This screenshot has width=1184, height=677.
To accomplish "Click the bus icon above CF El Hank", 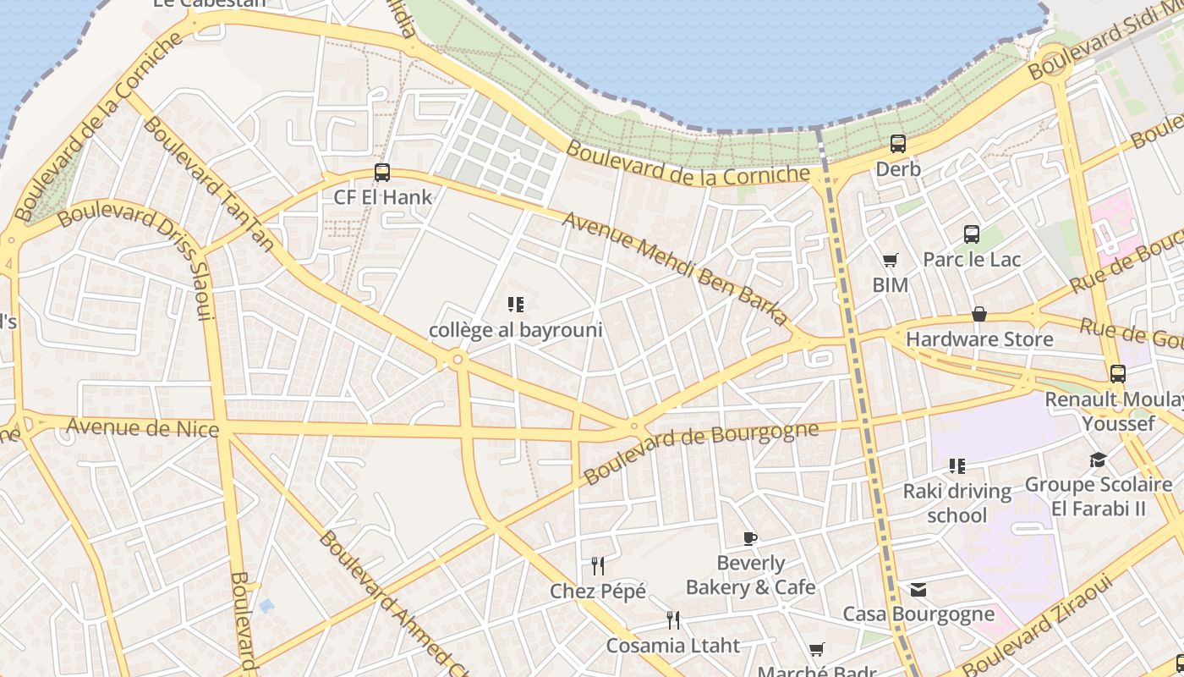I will [382, 173].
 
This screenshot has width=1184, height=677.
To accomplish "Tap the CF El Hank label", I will [383, 198].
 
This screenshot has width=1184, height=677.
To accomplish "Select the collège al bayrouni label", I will [515, 330].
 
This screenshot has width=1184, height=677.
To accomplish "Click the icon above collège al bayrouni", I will [515, 304].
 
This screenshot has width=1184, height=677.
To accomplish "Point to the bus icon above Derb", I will [898, 144].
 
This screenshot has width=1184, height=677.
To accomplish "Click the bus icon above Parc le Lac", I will [972, 234].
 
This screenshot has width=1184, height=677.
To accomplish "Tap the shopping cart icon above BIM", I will [890, 261].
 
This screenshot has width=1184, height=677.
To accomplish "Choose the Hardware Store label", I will [979, 339].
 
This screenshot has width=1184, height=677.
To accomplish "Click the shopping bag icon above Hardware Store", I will [979, 314].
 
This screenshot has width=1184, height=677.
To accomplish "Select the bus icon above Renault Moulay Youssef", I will [1118, 373].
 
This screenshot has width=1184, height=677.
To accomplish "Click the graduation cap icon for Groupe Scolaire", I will [1098, 460].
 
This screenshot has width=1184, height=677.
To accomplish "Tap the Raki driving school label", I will [957, 503].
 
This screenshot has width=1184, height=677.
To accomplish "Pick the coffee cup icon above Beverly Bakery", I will [749, 538].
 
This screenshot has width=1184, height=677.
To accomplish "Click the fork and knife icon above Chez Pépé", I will [598, 565].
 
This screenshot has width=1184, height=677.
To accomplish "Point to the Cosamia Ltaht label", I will [672, 646].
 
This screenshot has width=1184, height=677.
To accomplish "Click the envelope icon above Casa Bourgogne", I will [918, 590].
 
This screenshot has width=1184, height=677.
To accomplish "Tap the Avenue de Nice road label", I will [142, 427].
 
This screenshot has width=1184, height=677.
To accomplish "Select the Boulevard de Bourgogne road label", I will [701, 452].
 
